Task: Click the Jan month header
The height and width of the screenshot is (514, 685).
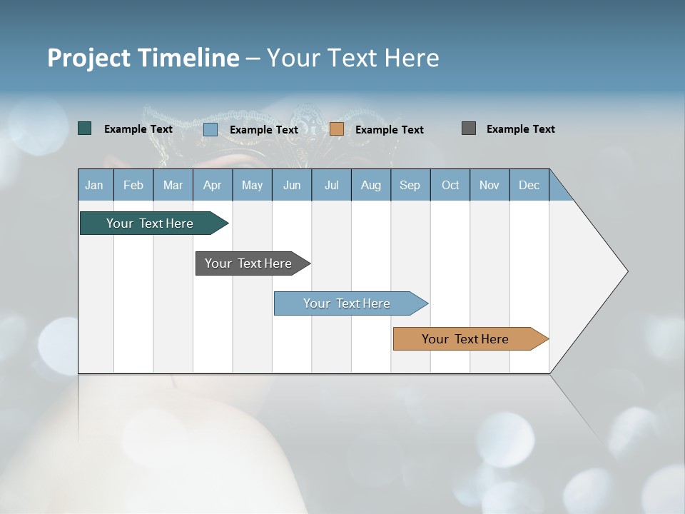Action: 95,185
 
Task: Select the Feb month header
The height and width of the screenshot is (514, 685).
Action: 133,185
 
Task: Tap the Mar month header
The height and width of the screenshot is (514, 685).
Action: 173,185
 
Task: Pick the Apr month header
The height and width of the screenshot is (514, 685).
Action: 213,185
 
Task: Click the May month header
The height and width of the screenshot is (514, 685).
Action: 252,185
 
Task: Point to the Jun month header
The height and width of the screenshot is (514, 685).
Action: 292,185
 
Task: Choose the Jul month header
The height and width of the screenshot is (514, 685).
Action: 331,185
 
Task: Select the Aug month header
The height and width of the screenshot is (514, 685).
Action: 371,185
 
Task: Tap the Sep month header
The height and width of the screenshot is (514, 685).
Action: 410,185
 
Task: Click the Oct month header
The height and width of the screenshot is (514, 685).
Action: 450,185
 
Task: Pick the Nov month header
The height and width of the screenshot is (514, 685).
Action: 489,185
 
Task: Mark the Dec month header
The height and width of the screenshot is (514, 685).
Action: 529,185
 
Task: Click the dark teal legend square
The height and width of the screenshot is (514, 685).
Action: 85,128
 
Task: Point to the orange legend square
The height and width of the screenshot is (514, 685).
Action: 337,129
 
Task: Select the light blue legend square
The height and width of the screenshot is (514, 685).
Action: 210,129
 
